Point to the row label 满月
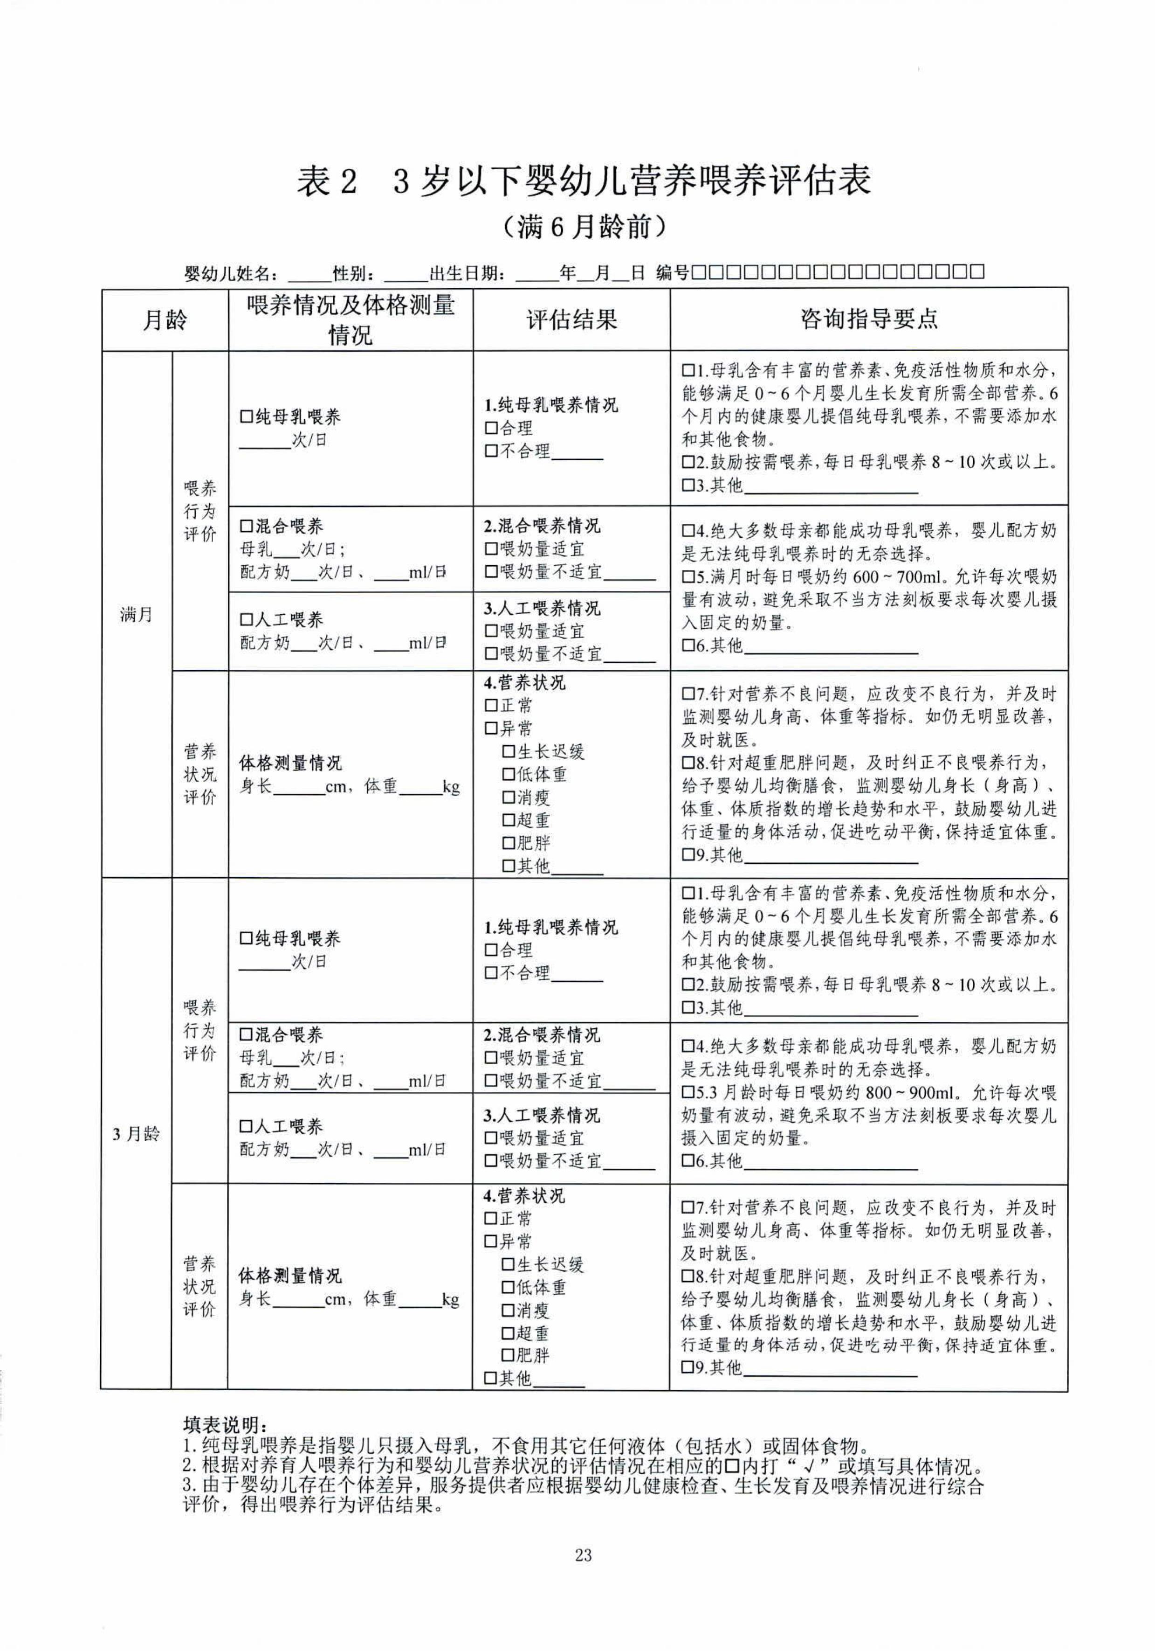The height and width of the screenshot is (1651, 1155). (137, 615)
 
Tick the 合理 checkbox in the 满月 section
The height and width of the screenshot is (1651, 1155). (491, 429)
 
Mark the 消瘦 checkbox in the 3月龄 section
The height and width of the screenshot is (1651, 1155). (508, 1310)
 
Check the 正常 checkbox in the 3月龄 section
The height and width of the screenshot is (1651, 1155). (491, 1219)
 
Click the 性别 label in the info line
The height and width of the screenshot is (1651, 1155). (352, 273)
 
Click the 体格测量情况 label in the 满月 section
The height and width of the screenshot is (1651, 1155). (290, 763)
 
